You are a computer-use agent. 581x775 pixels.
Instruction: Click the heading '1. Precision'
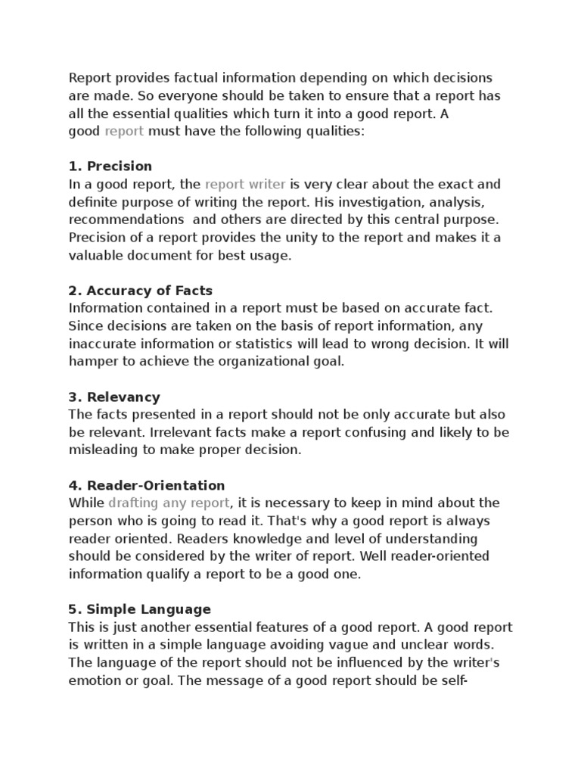tap(110, 167)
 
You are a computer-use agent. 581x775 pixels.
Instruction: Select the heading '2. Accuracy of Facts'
tap(141, 291)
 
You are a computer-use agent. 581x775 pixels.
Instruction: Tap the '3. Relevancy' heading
tap(114, 397)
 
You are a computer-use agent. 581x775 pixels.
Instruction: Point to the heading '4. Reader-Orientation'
tap(147, 486)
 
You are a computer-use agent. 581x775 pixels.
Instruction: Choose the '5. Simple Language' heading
tap(140, 610)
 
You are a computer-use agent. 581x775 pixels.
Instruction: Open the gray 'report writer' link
tap(245, 185)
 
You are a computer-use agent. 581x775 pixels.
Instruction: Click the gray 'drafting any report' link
tap(169, 503)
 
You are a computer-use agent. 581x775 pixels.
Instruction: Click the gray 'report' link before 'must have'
tap(124, 132)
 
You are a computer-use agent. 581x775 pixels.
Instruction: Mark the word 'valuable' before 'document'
tap(95, 256)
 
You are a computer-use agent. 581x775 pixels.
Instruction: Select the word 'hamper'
tap(92, 362)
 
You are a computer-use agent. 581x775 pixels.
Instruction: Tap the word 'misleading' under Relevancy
tap(101, 450)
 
